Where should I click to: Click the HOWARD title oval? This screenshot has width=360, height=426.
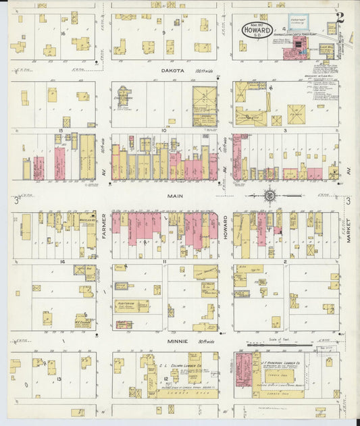coord(257,30)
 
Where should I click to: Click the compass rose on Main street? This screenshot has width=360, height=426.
coord(269,196)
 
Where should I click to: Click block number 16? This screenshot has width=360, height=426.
coord(62,32)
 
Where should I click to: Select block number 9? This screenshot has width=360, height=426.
coord(163,32)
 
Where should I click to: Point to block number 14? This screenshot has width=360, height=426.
coord(61,261)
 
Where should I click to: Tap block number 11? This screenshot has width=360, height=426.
coord(163,261)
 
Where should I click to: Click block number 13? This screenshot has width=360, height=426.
coord(59,379)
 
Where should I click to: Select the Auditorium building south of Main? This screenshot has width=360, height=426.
coord(132,306)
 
